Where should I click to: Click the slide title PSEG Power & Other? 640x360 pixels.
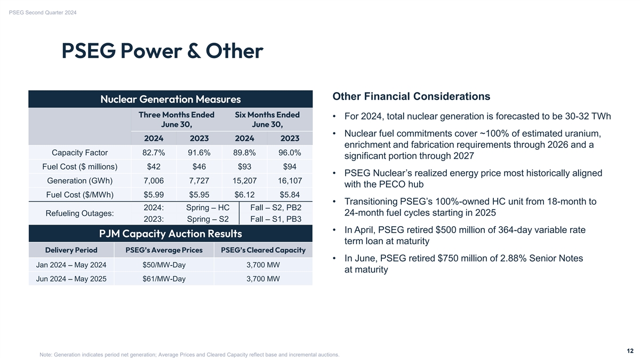point(162,52)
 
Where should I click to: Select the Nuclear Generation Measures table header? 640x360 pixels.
point(170,99)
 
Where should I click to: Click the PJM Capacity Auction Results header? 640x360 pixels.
point(170,234)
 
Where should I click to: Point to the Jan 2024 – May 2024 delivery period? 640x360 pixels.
point(71,265)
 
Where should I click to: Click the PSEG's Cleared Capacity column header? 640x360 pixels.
point(263,250)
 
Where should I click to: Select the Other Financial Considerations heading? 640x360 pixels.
point(411,97)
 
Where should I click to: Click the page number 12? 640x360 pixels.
point(630,351)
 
